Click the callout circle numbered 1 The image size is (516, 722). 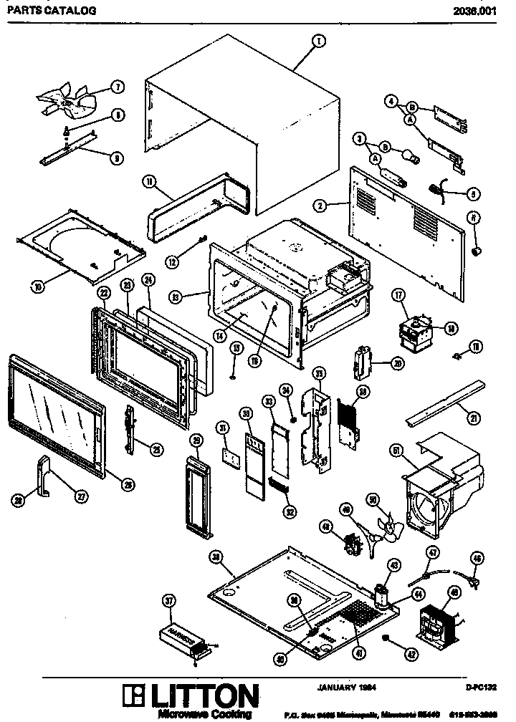316,42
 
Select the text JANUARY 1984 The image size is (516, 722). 347,687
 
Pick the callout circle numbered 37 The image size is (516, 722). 170,601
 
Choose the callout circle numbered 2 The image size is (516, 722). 320,205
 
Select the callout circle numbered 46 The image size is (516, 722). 477,558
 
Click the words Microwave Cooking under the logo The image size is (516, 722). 204,714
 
